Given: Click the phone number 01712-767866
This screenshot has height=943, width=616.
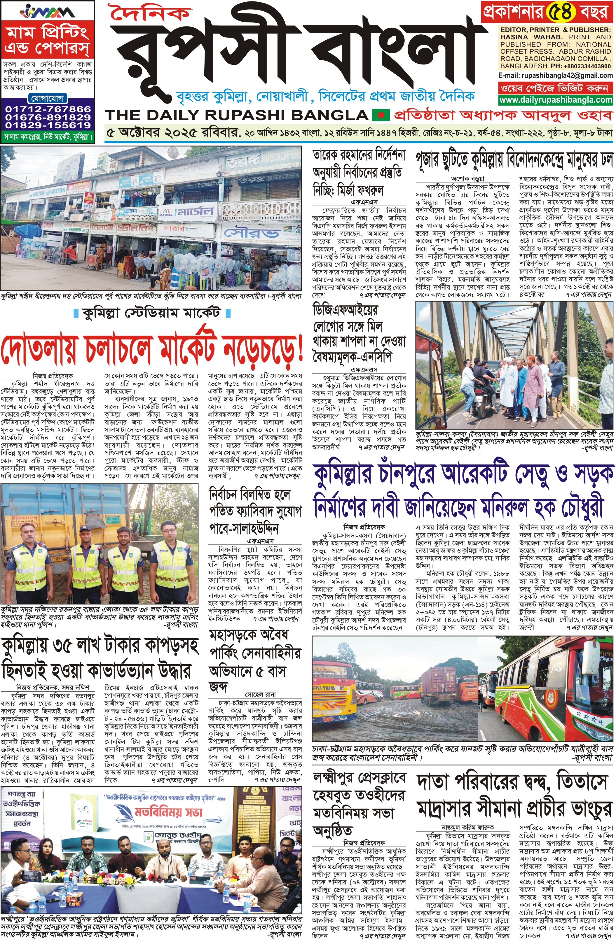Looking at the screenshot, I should point(48,109).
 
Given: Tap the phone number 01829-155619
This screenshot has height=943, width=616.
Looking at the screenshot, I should point(48,125).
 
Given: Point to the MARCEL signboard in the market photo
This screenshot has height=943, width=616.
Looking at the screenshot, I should point(188,211).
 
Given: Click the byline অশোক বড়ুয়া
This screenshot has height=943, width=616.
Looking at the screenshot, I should point(467,179).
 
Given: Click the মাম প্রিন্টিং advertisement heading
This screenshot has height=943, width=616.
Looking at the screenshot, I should point(48,40).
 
